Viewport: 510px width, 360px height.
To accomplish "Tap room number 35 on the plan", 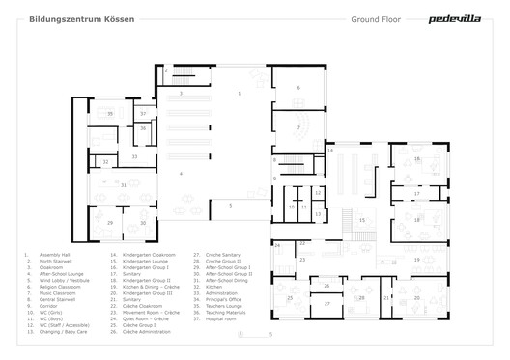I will tap(110, 115).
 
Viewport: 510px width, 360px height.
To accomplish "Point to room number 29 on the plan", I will tap(110, 223).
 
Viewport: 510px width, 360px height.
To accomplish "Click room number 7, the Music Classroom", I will tap(298, 127).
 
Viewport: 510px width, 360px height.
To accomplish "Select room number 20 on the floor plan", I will tap(416, 298).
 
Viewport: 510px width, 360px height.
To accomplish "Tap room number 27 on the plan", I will tap(326, 304).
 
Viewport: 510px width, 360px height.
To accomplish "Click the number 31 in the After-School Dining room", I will tap(123, 184).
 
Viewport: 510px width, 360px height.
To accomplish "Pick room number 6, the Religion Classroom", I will tap(298, 88).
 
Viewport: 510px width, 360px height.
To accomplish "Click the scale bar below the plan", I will tap(254, 334).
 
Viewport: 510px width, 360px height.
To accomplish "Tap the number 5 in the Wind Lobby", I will tap(230, 205).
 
